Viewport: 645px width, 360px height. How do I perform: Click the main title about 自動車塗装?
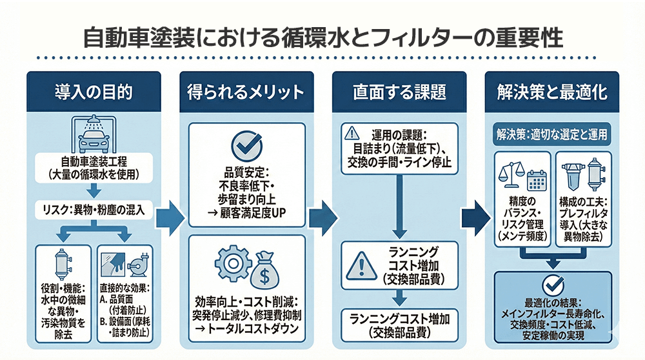coord(322,38)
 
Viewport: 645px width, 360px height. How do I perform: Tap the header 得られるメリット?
coord(246,91)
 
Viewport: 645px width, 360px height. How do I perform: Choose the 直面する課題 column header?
coord(399,91)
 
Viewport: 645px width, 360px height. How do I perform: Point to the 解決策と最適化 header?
coord(552,91)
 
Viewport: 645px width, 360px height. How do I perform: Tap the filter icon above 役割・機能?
coord(63,261)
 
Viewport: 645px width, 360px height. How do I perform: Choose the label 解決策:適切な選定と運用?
coord(552,135)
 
